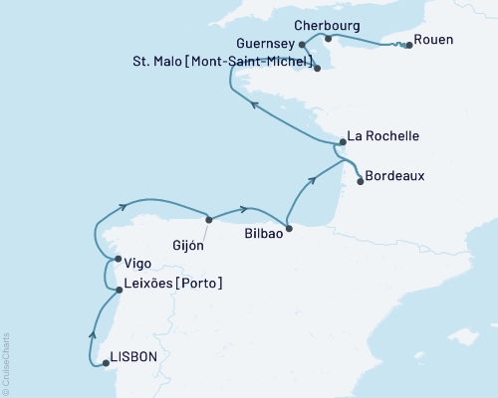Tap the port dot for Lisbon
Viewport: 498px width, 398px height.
pyautogui.click(x=106, y=363)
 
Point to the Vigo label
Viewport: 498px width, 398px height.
pyautogui.click(x=138, y=264)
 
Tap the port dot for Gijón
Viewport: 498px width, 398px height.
pyautogui.click(x=208, y=220)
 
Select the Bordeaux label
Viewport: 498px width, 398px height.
pyautogui.click(x=395, y=176)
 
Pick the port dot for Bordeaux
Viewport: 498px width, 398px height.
pyautogui.click(x=360, y=181)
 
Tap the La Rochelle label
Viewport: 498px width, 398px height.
pyautogui.click(x=383, y=136)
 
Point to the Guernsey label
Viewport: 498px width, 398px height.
pyautogui.click(x=266, y=45)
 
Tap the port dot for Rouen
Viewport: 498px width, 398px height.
pyautogui.click(x=407, y=45)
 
